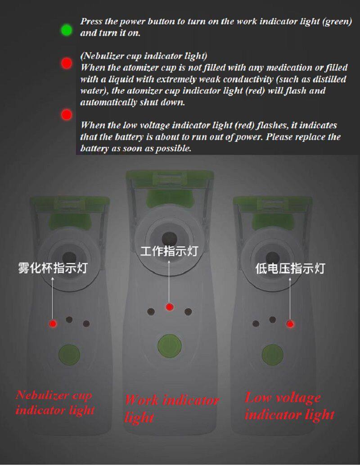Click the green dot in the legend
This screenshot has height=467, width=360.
click(66, 30)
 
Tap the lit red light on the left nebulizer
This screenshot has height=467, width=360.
click(53, 323)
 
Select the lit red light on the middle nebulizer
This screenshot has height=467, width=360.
click(169, 307)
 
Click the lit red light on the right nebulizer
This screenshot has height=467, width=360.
click(290, 324)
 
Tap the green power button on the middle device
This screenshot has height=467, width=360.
click(169, 346)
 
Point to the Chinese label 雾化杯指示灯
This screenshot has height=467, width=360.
click(53, 268)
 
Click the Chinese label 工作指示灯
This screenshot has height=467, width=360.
click(169, 251)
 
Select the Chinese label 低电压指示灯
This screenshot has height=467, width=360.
click(290, 268)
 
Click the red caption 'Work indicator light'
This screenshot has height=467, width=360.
click(171, 408)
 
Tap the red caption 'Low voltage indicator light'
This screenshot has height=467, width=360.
click(289, 406)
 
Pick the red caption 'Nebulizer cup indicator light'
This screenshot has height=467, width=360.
click(55, 403)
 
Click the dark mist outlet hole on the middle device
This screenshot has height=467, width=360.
click(169, 239)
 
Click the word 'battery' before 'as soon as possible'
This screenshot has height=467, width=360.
click(94, 148)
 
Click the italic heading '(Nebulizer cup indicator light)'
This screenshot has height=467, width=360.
click(144, 56)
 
